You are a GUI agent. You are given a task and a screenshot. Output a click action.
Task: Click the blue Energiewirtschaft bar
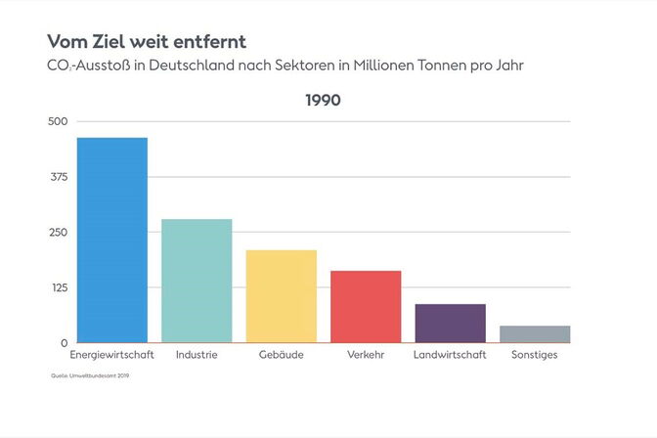[112, 241]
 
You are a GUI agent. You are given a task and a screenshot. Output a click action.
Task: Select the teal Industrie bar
[197, 282]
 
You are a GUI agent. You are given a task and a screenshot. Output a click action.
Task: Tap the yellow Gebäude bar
[281, 296]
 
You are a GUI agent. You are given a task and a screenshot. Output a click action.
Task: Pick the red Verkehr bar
[366, 307]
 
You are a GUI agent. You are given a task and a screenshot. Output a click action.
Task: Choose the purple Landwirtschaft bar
[450, 324]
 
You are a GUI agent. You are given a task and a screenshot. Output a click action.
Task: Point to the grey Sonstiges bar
[534, 334]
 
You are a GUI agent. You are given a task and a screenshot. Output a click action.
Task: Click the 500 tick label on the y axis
[58, 121]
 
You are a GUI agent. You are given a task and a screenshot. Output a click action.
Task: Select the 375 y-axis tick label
[58, 177]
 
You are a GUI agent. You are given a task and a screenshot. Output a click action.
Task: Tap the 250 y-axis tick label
[58, 233]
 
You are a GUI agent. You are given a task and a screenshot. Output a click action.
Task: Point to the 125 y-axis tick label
[58, 287]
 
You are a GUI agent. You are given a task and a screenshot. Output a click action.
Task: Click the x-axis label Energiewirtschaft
[112, 355]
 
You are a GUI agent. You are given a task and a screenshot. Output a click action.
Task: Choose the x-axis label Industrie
[197, 355]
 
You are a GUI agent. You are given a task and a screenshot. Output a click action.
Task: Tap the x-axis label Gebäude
[281, 355]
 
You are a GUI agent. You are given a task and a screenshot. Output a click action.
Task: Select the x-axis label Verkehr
[366, 355]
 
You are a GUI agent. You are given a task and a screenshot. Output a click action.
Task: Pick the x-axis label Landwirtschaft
[450, 355]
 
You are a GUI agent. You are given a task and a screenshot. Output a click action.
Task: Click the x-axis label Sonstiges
[534, 355]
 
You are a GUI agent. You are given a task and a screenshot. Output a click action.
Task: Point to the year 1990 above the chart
[323, 100]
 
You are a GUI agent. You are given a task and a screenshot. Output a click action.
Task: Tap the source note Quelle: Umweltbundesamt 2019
[90, 375]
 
